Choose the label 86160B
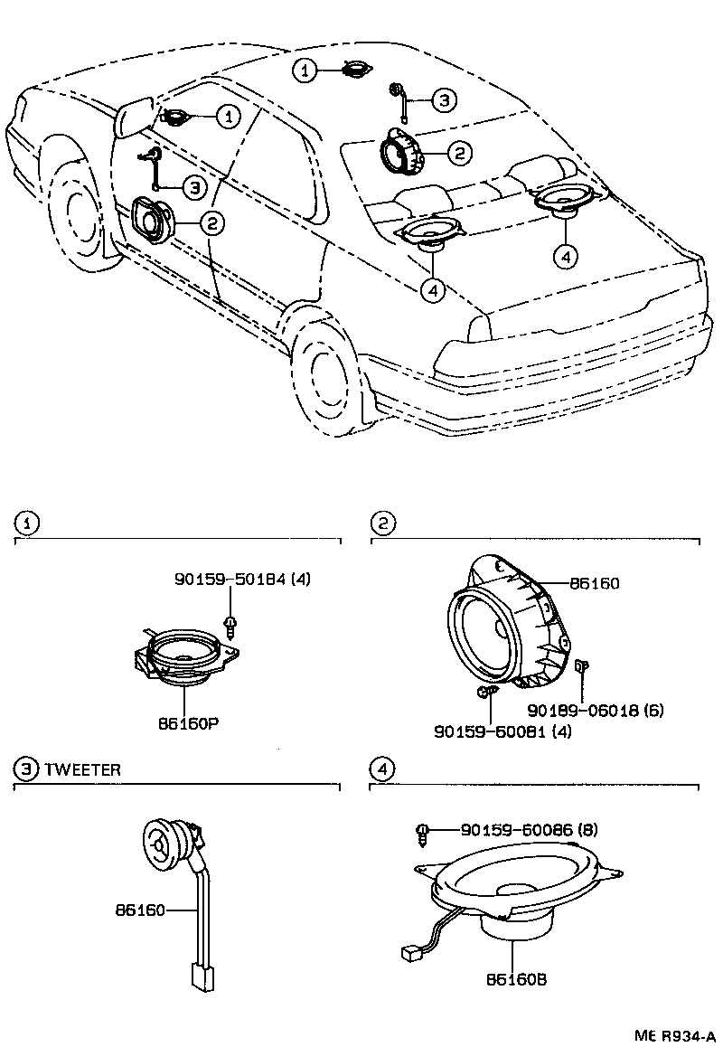point(515,980)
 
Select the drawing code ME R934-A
point(674,1035)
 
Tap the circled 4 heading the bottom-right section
point(383,769)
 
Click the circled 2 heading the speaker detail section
point(383,523)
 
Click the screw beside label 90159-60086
point(422,833)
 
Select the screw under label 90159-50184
point(232,625)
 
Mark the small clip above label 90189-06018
point(581,667)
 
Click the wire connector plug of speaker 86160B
point(408,952)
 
